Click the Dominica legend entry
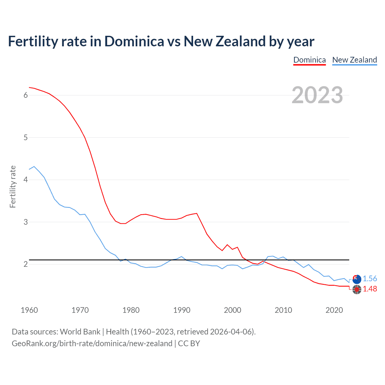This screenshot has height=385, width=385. (x=310, y=60)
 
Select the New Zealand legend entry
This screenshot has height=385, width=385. (x=354, y=60)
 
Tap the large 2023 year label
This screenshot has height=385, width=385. (x=317, y=95)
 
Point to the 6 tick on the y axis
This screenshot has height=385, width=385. (x=26, y=95)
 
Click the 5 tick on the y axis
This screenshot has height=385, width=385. (x=26, y=137)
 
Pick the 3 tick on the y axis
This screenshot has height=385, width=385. (x=26, y=222)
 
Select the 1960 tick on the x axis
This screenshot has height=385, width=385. (x=29, y=310)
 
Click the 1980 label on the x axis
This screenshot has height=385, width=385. (x=131, y=310)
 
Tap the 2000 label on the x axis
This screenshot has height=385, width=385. (x=233, y=310)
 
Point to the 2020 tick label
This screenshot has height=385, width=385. (x=334, y=310)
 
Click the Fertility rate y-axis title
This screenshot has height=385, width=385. (x=13, y=186)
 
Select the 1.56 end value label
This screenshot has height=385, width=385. (x=370, y=279)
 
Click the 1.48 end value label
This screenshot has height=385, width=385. (x=370, y=289)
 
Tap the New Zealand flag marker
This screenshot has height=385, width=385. (x=357, y=279)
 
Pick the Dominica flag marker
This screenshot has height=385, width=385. (x=357, y=290)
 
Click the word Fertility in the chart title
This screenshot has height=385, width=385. (x=33, y=42)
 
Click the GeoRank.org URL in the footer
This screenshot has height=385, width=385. (x=92, y=343)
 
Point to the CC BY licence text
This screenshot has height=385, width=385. (x=189, y=343)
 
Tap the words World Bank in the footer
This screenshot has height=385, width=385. (x=80, y=332)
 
